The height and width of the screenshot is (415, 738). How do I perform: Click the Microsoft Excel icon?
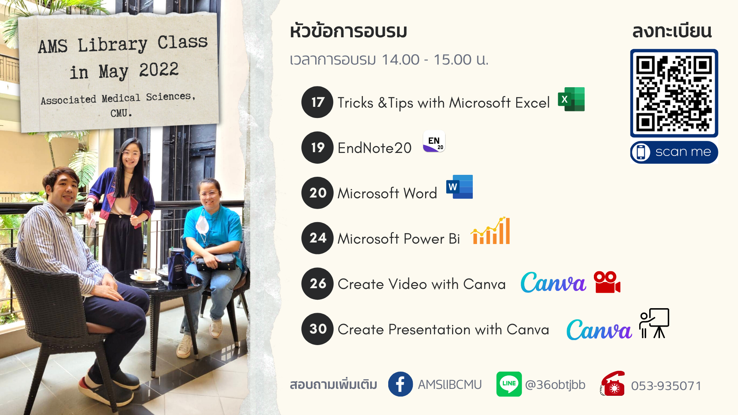[572, 99]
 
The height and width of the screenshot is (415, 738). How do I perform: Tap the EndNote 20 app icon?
[434, 141]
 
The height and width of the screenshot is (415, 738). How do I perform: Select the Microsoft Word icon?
[460, 187]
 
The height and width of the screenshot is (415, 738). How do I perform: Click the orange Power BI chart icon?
[490, 231]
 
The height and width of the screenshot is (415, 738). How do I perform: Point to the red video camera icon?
[607, 282]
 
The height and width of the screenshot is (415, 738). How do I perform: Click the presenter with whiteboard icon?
[654, 323]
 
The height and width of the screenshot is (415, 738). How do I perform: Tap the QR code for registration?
[674, 93]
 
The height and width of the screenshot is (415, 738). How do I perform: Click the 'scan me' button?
[674, 152]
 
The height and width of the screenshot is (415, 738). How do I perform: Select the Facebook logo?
[401, 384]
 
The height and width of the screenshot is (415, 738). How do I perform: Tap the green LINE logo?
[509, 384]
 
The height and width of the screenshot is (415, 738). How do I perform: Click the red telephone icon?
[613, 383]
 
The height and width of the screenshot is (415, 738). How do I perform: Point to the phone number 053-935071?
[666, 385]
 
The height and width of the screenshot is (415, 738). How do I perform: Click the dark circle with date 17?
[317, 102]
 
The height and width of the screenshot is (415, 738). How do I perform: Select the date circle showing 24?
[317, 238]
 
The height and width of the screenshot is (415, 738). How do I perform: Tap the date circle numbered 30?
[317, 329]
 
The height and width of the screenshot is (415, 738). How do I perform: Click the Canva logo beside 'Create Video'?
[553, 282]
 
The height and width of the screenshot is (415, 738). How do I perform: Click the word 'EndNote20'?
[374, 148]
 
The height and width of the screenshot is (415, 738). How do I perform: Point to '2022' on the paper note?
[159, 70]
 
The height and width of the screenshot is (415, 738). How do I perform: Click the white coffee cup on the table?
[142, 274]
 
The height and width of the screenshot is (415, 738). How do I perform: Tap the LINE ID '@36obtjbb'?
[555, 385]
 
